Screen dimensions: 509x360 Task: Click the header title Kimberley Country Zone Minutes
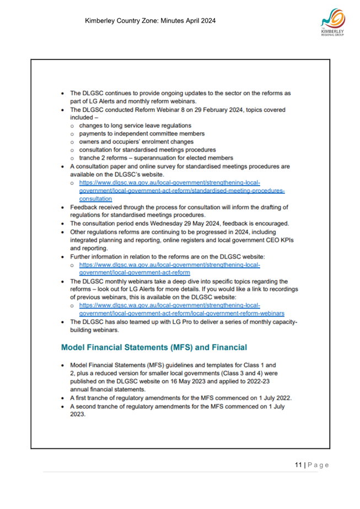(x=150, y=21)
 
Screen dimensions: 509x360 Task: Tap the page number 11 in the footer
(x=298, y=465)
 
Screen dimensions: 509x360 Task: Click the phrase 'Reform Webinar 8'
(x=161, y=110)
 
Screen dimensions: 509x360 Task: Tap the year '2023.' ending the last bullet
(x=78, y=414)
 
